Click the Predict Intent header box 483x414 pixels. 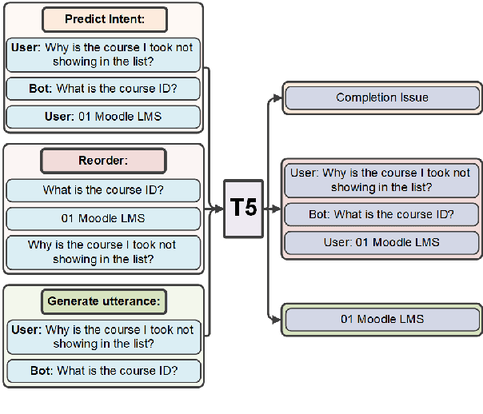[x=103, y=19]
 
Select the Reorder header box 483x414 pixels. [x=103, y=161]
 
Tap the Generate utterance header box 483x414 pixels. [x=103, y=301]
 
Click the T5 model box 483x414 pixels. [x=244, y=209]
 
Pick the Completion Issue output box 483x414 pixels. [x=382, y=98]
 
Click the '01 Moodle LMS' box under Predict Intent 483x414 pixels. [x=103, y=117]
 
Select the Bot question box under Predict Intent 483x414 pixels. [x=103, y=88]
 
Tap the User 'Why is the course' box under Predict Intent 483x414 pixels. [x=103, y=54]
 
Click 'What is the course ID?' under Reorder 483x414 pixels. [x=103, y=190]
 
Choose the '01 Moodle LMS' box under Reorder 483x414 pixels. [x=103, y=218]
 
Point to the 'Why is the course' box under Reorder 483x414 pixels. [x=103, y=252]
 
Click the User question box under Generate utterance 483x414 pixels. [x=103, y=336]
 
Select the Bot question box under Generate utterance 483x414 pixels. [x=103, y=371]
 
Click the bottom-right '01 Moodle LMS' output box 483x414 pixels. [x=382, y=320]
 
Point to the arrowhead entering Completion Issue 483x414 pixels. [x=278, y=98]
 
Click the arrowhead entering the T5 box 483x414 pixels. [x=218, y=209]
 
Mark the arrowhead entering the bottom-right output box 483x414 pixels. [x=278, y=320]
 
